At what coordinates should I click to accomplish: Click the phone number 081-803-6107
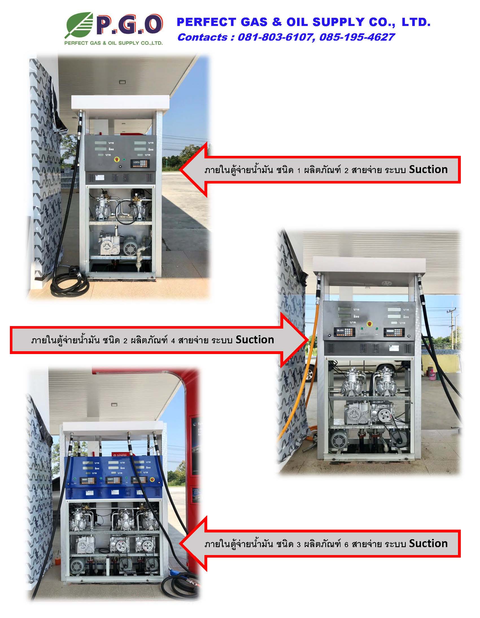(x=274, y=37)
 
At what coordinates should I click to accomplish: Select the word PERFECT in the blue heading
(x=206, y=22)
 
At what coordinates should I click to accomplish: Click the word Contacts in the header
(x=202, y=37)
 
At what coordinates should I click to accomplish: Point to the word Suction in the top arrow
(x=428, y=169)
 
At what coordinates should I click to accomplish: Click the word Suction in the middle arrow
(x=255, y=340)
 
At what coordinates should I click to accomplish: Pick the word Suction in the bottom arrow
(x=428, y=543)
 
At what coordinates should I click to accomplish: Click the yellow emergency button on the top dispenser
(x=117, y=160)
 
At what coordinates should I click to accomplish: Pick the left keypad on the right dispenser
(x=344, y=332)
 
